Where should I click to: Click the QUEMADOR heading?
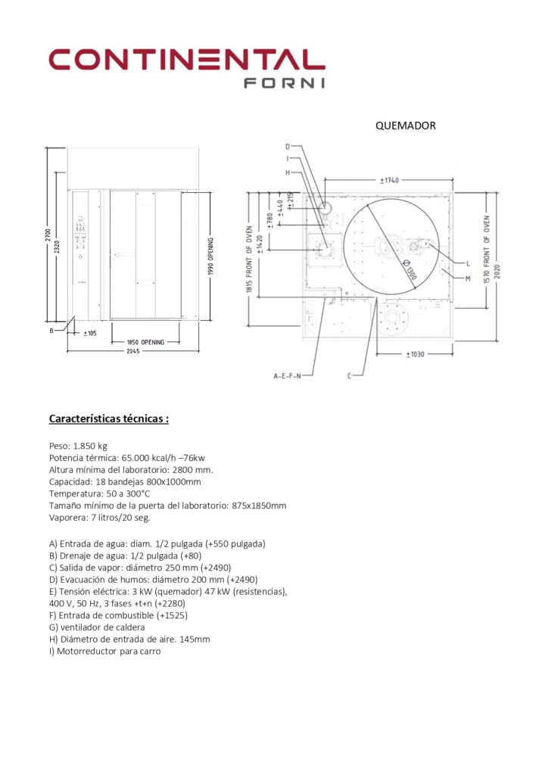click(405, 126)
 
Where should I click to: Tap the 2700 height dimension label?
click(47, 235)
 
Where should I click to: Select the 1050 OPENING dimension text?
click(145, 343)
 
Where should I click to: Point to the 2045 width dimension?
click(133, 352)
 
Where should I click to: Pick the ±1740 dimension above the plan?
click(390, 180)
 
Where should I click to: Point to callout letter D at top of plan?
click(288, 146)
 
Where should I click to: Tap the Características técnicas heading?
click(108, 418)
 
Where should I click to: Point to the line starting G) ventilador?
click(96, 627)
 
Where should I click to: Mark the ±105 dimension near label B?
click(89, 333)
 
